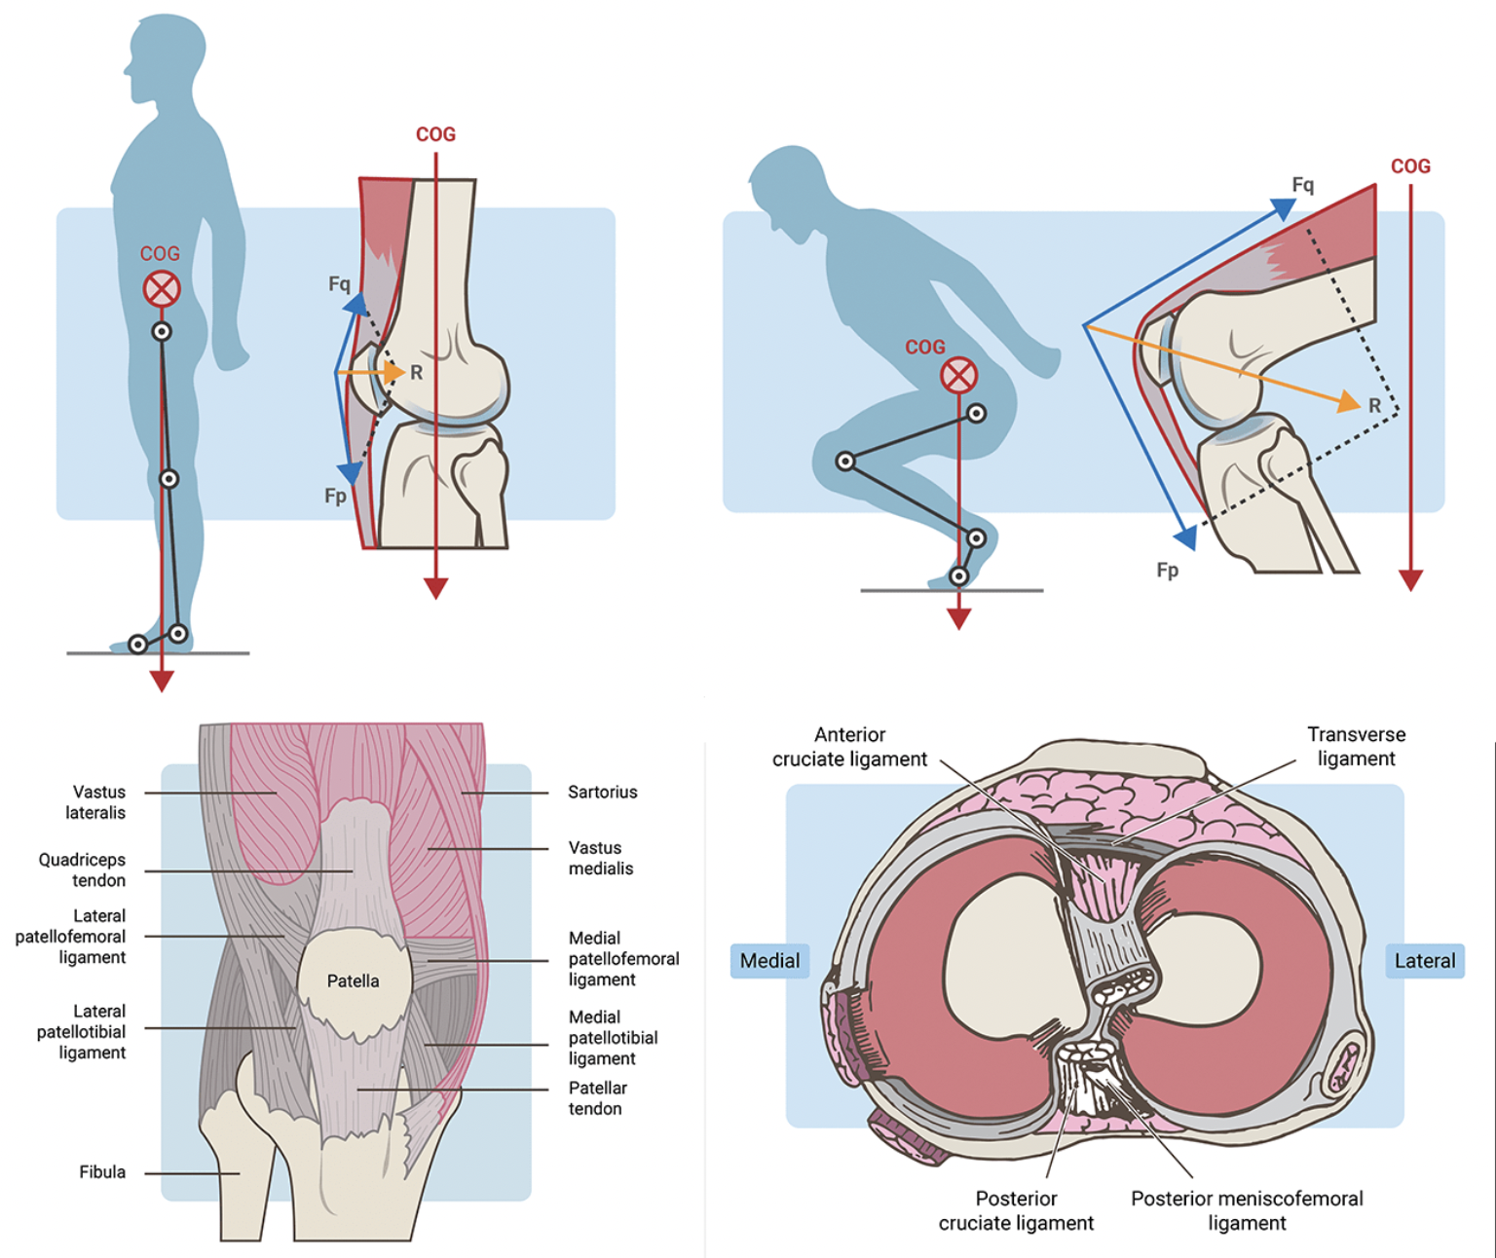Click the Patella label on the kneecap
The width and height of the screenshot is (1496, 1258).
click(x=353, y=980)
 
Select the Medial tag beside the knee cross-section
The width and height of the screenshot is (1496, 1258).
click(x=769, y=961)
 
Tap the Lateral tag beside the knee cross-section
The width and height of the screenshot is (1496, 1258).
click(x=1424, y=961)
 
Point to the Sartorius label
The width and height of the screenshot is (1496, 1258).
click(x=602, y=793)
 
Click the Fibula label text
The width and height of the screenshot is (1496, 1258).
click(x=102, y=1172)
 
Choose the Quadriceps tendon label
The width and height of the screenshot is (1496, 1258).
click(x=83, y=869)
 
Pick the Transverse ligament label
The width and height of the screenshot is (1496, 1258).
click(x=1356, y=746)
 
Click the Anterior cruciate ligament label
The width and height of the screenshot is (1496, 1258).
click(x=849, y=747)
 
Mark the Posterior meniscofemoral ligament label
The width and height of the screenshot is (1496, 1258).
click(x=1247, y=1210)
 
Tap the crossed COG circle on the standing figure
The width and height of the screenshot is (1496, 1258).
click(x=162, y=289)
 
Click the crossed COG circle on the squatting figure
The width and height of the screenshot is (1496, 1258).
click(x=958, y=375)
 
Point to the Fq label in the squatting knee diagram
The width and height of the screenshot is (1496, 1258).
click(x=1302, y=185)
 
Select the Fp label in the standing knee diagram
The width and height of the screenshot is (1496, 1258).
click(x=335, y=497)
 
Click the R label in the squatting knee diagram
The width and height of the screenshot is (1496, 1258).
click(x=1374, y=405)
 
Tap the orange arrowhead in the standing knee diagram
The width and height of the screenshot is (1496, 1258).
click(x=393, y=372)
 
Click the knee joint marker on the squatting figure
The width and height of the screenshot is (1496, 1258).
click(x=845, y=462)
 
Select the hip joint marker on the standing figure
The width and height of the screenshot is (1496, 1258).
click(x=162, y=332)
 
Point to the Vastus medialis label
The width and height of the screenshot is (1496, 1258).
click(x=600, y=858)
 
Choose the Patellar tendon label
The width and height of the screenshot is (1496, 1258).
click(x=597, y=1098)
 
